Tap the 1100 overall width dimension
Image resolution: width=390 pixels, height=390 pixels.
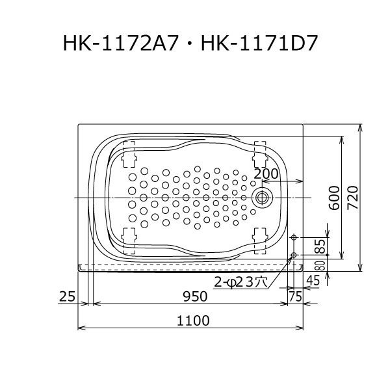click(x=192, y=320)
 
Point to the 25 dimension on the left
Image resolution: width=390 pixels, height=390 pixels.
click(x=67, y=296)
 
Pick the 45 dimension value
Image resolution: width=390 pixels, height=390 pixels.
click(x=313, y=280)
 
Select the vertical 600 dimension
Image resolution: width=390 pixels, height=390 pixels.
click(x=333, y=196)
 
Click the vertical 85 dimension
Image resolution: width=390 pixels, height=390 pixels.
click(x=319, y=246)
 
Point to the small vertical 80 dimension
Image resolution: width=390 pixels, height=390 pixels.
click(x=319, y=265)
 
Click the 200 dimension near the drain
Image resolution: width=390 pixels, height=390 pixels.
click(x=265, y=174)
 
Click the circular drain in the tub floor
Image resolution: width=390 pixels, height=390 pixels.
click(x=263, y=197)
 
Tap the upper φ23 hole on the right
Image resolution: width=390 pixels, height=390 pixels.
click(x=294, y=237)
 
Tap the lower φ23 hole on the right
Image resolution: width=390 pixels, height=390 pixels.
click(x=294, y=254)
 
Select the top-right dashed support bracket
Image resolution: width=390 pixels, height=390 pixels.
click(x=260, y=151)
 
